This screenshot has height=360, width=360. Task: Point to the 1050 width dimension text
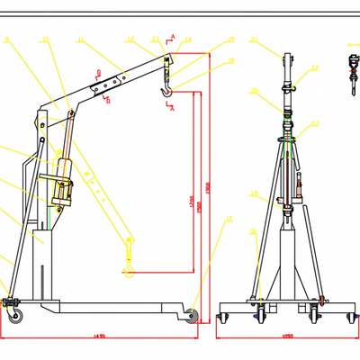287,337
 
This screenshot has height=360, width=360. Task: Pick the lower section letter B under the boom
108,101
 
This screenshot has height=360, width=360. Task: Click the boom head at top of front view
287,67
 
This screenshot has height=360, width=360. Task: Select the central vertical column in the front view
287,261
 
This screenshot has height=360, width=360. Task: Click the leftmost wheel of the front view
225,317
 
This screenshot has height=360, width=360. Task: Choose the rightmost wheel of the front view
349,317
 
